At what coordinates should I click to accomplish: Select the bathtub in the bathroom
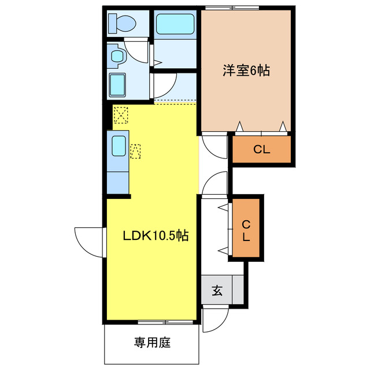pos(174,25)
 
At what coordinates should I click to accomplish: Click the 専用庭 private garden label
pos(153,343)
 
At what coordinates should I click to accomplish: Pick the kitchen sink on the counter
pos(119,145)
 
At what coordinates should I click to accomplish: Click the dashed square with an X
pos(121,115)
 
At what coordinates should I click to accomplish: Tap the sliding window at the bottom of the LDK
pos(157,321)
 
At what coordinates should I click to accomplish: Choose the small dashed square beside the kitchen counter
pos(135,151)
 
